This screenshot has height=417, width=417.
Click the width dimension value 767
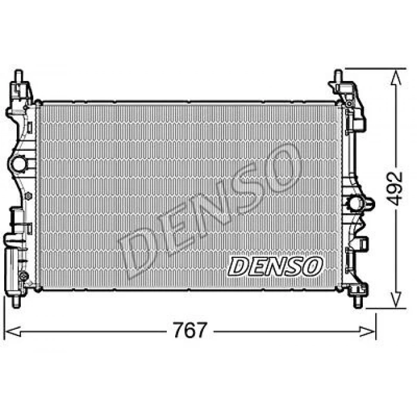point(191,329)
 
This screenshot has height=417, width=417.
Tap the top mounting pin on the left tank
point(17,76)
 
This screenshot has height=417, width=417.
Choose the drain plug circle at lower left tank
point(23,275)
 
